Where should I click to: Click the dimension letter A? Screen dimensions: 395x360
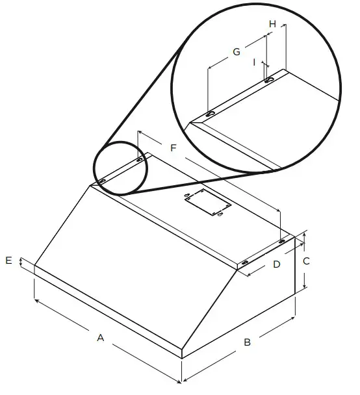pyautogui.click(x=100, y=337)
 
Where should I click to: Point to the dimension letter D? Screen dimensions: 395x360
pyautogui.click(x=276, y=264)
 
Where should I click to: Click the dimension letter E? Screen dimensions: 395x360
pyautogui.click(x=8, y=261)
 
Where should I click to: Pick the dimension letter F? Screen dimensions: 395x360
pyautogui.click(x=173, y=149)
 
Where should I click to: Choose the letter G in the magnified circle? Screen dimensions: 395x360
pyautogui.click(x=237, y=51)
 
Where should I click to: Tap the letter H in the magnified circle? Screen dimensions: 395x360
pyautogui.click(x=273, y=23)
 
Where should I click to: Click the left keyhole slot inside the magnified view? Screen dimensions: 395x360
pyautogui.click(x=211, y=114)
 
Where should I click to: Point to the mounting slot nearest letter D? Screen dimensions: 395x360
pyautogui.click(x=246, y=262)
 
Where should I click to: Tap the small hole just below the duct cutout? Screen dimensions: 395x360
pyautogui.click(x=221, y=215)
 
